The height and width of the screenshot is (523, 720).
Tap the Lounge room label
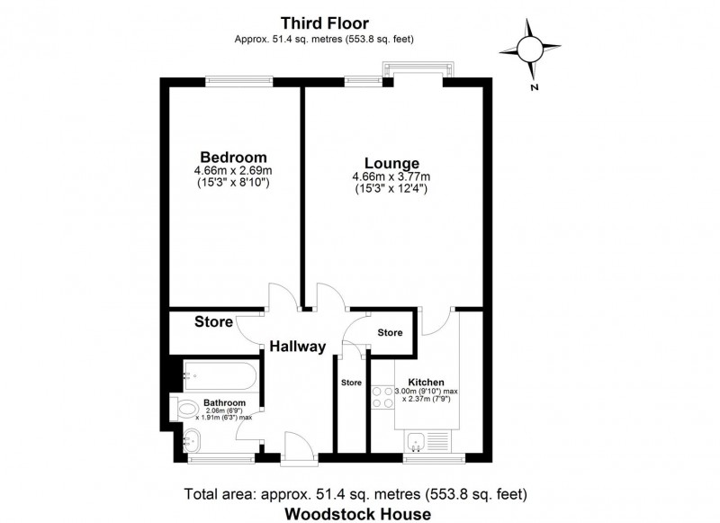(x=385, y=163)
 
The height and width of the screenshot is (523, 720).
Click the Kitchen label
(x=427, y=382)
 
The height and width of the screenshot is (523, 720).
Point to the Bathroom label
(x=224, y=402)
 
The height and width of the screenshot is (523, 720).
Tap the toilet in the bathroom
(x=187, y=409)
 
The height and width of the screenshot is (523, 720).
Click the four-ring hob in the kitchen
(x=380, y=399)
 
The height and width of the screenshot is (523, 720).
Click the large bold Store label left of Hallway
(x=214, y=321)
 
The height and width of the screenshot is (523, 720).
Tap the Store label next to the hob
(x=350, y=382)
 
